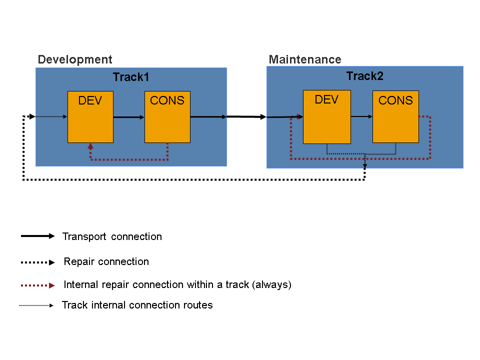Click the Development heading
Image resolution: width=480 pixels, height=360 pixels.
pyautogui.click(x=75, y=59)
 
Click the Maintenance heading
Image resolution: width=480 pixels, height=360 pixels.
pyautogui.click(x=305, y=59)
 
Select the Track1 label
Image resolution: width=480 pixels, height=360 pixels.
pyautogui.click(x=131, y=77)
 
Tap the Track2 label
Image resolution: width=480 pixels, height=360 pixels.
pyautogui.click(x=364, y=76)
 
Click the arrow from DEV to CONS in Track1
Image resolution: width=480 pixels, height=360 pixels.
pyautogui.click(x=129, y=117)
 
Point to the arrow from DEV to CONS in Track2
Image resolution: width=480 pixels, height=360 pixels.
pyautogui.click(x=361, y=116)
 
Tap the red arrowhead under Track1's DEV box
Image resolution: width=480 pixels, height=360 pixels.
pyautogui.click(x=90, y=146)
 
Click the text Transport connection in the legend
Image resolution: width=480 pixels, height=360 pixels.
pyautogui.click(x=112, y=236)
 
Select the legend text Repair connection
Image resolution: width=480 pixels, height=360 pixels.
pyautogui.click(x=106, y=261)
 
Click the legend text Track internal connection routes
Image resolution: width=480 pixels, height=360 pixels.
pyautogui.click(x=137, y=305)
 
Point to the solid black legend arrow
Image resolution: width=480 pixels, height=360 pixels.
pyautogui.click(x=37, y=236)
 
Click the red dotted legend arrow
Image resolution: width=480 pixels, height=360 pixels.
pyautogui.click(x=37, y=285)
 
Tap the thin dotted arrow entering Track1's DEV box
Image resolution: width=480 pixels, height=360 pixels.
pyautogui.click(x=50, y=117)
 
